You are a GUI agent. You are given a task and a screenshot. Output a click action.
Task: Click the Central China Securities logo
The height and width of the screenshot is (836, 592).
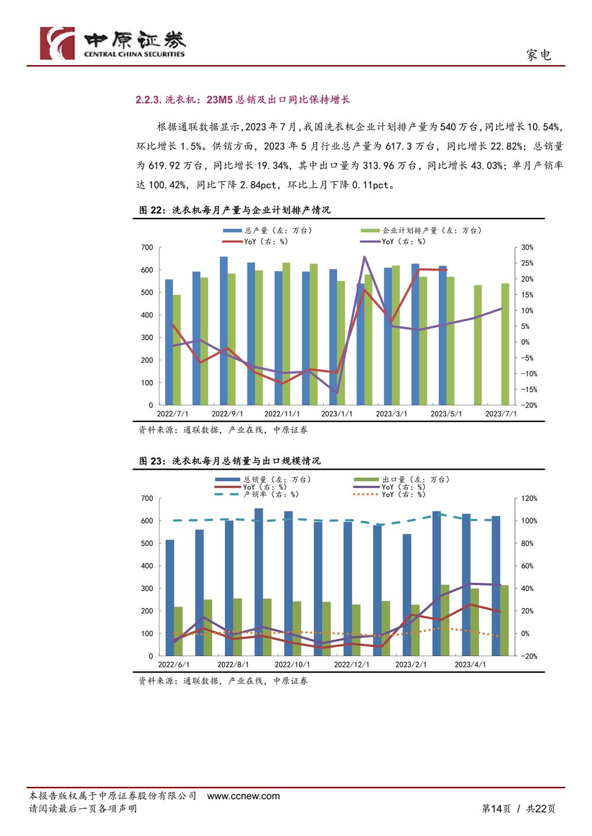click(112, 43)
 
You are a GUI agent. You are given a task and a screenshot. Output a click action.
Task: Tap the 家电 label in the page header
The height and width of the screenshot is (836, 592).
click(539, 55)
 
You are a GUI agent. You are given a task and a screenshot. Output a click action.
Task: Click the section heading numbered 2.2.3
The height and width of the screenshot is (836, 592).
click(242, 99)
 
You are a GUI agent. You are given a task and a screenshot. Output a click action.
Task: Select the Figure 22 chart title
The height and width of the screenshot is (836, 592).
click(234, 210)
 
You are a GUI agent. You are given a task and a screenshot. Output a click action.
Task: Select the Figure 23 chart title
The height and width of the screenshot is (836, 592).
click(230, 461)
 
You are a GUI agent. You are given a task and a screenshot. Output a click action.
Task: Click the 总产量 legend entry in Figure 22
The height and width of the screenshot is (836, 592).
click(267, 231)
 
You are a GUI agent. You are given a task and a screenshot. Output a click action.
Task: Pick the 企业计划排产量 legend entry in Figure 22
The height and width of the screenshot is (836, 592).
click(421, 231)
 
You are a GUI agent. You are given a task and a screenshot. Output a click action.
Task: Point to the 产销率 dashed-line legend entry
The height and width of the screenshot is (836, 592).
click(256, 495)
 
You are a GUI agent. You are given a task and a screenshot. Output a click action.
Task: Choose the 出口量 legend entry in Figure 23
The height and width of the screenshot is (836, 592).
click(401, 480)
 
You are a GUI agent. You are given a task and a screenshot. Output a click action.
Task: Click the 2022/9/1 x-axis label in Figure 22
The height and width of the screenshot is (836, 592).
click(227, 414)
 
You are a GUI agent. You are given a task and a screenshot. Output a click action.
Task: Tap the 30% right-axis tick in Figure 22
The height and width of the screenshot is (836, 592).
click(527, 247)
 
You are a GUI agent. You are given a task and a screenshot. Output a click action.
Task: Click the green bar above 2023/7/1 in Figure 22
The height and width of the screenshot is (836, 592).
click(505, 344)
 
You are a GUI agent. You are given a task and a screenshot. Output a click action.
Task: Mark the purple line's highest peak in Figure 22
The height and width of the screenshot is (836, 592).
click(364, 257)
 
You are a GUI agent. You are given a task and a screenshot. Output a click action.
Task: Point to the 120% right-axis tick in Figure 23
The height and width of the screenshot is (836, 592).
click(529, 498)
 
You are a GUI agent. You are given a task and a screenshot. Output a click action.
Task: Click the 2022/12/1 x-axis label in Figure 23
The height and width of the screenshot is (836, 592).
click(351, 664)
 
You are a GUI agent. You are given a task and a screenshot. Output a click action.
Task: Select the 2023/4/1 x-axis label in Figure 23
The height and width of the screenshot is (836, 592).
click(470, 664)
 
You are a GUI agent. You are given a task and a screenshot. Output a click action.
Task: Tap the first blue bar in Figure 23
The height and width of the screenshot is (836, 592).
click(169, 598)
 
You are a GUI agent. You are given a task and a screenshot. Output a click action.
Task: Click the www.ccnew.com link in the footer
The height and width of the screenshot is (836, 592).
click(243, 796)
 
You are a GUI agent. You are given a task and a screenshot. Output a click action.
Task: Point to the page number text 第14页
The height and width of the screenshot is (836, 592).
click(496, 809)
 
